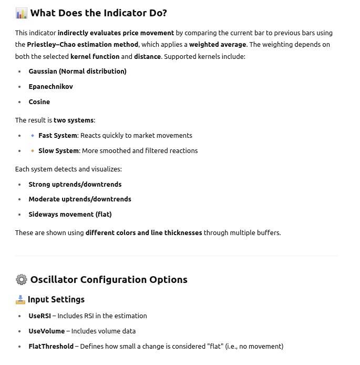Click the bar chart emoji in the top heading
pyautogui.click(x=21, y=13)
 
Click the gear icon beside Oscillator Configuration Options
pyautogui.click(x=21, y=279)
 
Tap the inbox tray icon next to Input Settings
pyautogui.click(x=20, y=299)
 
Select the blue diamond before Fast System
pyautogui.click(x=33, y=136)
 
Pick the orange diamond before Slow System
pyautogui.click(x=33, y=151)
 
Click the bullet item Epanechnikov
pyautogui.click(x=50, y=86)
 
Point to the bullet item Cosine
pyautogui.click(x=39, y=102)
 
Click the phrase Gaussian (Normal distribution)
pyautogui.click(x=77, y=71)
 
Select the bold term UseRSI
pyautogui.click(x=39, y=316)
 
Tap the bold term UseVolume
pyautogui.click(x=46, y=331)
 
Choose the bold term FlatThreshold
pyautogui.click(x=51, y=346)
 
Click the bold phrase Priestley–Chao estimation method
pyautogui.click(x=83, y=44)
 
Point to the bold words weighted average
pyautogui.click(x=218, y=44)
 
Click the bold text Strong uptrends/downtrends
pyautogui.click(x=75, y=184)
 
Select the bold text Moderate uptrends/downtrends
pyautogui.click(x=80, y=199)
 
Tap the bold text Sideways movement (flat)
pyautogui.click(x=70, y=214)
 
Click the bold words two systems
pyautogui.click(x=74, y=120)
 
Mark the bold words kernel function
pyautogui.click(x=95, y=56)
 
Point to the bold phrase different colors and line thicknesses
pyautogui.click(x=143, y=232)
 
